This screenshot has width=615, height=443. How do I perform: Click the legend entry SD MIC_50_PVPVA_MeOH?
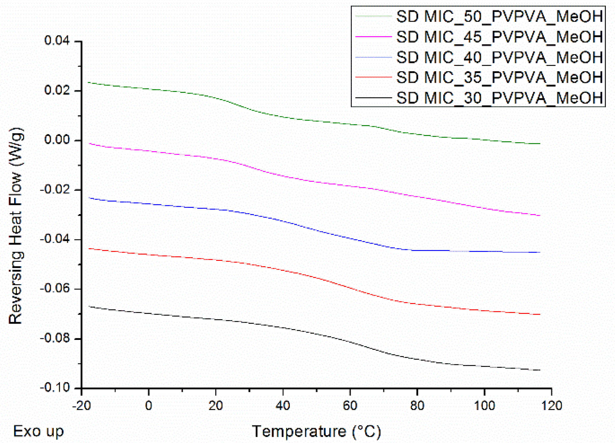click(x=499, y=16)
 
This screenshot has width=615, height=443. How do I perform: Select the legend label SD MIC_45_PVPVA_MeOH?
click(x=499, y=37)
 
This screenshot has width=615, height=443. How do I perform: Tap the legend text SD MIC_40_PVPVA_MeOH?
click(x=499, y=57)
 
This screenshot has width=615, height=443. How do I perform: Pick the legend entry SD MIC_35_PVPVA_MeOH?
click(x=499, y=78)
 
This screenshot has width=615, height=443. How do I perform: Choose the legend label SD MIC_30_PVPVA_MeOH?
click(x=499, y=98)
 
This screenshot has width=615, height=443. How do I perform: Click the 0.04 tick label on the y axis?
click(x=57, y=41)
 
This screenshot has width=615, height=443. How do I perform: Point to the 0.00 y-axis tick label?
click(x=57, y=140)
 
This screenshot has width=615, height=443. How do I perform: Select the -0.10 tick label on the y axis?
click(x=55, y=388)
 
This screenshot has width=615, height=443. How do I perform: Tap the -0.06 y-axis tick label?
click(x=55, y=289)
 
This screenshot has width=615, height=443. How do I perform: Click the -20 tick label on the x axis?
click(x=81, y=405)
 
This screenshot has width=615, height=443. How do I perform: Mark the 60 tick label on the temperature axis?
click(x=350, y=405)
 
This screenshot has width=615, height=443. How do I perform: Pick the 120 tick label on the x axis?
click(x=551, y=405)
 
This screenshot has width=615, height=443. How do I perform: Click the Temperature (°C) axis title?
click(x=316, y=431)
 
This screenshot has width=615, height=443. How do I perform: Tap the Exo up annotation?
click(x=38, y=431)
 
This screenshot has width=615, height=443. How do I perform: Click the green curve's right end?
click(x=540, y=144)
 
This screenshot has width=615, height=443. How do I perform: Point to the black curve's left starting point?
click(x=89, y=307)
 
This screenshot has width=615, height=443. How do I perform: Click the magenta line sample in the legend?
click(x=373, y=37)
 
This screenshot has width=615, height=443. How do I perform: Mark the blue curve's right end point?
click(x=540, y=252)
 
